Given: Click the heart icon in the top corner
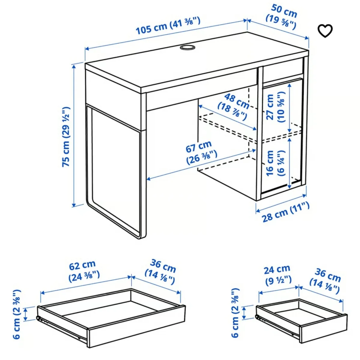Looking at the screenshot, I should coord(325,31).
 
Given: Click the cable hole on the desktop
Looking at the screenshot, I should coord(187,47).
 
